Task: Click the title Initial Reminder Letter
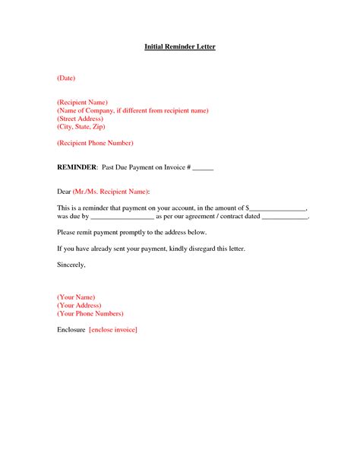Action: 180,47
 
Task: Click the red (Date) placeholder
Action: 66,78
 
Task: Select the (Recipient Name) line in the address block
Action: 82,102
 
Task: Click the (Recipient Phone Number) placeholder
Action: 95,143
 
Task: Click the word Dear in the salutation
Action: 64,190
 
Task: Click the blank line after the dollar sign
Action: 278,208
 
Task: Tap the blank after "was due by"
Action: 122,217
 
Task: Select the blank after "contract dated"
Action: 285,217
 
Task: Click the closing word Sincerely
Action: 71,265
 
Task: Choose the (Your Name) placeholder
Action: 76,296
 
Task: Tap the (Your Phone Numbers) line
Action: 90,313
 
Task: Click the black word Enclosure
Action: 71,330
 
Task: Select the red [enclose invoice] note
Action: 113,330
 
